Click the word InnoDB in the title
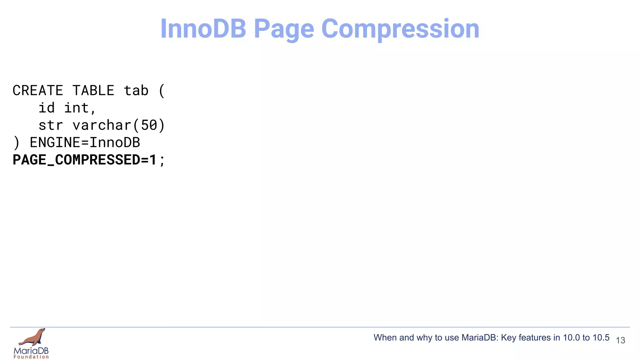[x=203, y=29]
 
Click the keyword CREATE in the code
[x=38, y=91]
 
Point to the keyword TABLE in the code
[x=93, y=91]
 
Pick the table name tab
[x=136, y=91]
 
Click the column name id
[x=47, y=108]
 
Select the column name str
[x=51, y=125]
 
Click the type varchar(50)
[x=119, y=125]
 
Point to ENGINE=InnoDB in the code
[x=85, y=142]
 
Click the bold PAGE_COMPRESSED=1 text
[x=84, y=160]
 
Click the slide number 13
[x=620, y=340]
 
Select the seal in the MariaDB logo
[x=33, y=337]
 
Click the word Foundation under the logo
[x=31, y=357]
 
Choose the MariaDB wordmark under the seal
[x=31, y=351]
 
